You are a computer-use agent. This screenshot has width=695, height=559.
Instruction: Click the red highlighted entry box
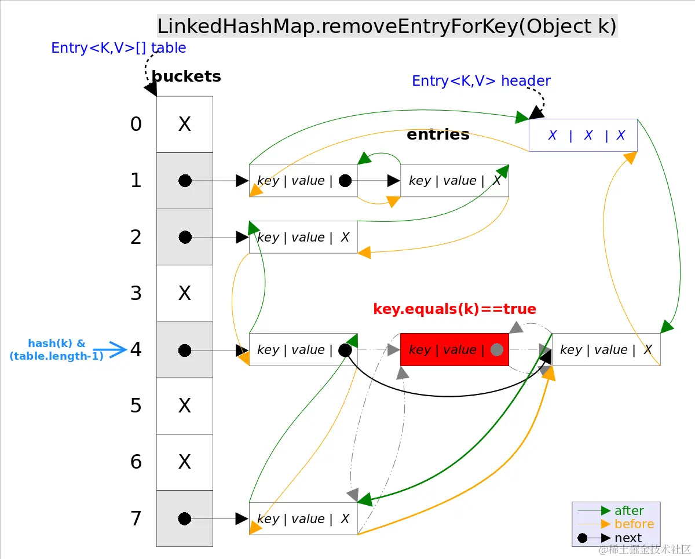click(x=454, y=349)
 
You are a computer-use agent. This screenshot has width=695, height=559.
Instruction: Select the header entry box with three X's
click(x=583, y=136)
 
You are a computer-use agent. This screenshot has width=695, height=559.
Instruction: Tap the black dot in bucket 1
click(x=185, y=181)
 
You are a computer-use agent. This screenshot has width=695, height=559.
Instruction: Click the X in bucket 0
click(x=185, y=125)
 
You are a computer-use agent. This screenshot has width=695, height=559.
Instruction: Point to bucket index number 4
click(x=136, y=350)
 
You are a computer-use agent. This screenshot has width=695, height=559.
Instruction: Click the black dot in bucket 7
click(x=185, y=518)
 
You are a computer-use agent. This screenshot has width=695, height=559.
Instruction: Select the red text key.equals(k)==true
click(x=455, y=309)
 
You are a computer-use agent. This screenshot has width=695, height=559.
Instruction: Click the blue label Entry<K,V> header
click(x=481, y=81)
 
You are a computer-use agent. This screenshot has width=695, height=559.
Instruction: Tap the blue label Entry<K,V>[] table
click(x=119, y=48)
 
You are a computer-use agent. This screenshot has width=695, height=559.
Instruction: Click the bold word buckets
click(x=186, y=76)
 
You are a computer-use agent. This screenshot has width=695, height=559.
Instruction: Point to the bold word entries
click(x=438, y=134)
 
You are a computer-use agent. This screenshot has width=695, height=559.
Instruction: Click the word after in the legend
click(x=629, y=511)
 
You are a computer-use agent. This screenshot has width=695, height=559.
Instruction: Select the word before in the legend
click(x=634, y=524)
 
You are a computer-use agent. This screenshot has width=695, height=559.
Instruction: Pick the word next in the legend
click(x=628, y=538)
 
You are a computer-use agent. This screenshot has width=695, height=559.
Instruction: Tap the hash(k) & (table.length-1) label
click(x=56, y=350)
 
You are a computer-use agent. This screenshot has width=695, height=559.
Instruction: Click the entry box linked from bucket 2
click(x=303, y=237)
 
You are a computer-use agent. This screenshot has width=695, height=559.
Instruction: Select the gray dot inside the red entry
click(x=496, y=350)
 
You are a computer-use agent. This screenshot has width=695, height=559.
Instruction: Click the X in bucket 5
click(x=185, y=405)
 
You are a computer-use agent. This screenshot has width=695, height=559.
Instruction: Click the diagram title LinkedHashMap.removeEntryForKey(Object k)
click(x=387, y=27)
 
